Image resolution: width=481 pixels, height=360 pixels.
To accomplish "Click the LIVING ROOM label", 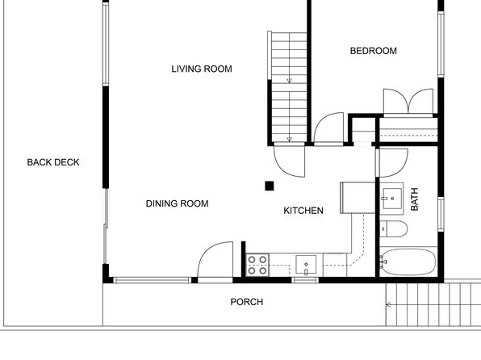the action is [x=202, y=69].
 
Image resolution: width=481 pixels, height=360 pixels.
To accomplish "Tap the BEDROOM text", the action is [x=374, y=51].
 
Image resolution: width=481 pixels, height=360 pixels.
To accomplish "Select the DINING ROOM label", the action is [x=177, y=203].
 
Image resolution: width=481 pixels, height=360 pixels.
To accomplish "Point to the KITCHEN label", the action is [x=303, y=211].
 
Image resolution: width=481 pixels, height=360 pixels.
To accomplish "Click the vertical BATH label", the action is [x=414, y=199].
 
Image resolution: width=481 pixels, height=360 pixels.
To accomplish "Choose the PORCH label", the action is [x=247, y=302].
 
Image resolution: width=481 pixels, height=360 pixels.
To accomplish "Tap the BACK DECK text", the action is [x=53, y=162].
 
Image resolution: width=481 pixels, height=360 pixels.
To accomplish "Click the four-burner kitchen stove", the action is [x=257, y=265].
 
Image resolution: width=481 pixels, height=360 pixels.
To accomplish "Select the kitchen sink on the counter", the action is [x=306, y=264].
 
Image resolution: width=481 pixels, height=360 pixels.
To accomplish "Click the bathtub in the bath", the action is [x=408, y=262].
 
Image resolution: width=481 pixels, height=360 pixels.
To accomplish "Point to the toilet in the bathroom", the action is [x=394, y=228].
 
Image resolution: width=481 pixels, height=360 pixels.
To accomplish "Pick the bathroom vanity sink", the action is [x=392, y=199].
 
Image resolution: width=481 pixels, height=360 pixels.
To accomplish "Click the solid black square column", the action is [x=270, y=186].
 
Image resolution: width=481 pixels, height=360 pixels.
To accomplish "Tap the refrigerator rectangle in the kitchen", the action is [x=358, y=198].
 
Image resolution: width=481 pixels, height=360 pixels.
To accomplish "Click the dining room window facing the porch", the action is [x=153, y=280].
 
